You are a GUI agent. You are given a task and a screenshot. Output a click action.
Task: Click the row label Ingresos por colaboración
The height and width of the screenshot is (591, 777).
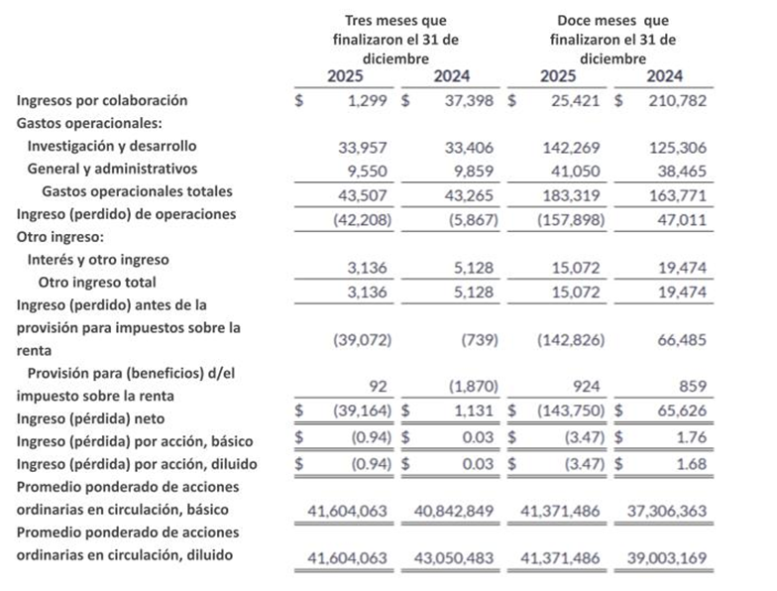(x=102, y=100)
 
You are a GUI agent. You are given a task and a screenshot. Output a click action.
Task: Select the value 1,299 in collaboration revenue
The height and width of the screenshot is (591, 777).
(x=367, y=100)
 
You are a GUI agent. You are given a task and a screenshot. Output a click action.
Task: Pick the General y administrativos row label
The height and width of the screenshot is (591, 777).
(x=112, y=169)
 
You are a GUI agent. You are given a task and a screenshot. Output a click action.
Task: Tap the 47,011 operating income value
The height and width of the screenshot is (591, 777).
(x=680, y=216)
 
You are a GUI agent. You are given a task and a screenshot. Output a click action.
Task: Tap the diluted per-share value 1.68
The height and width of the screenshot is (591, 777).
(x=688, y=463)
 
